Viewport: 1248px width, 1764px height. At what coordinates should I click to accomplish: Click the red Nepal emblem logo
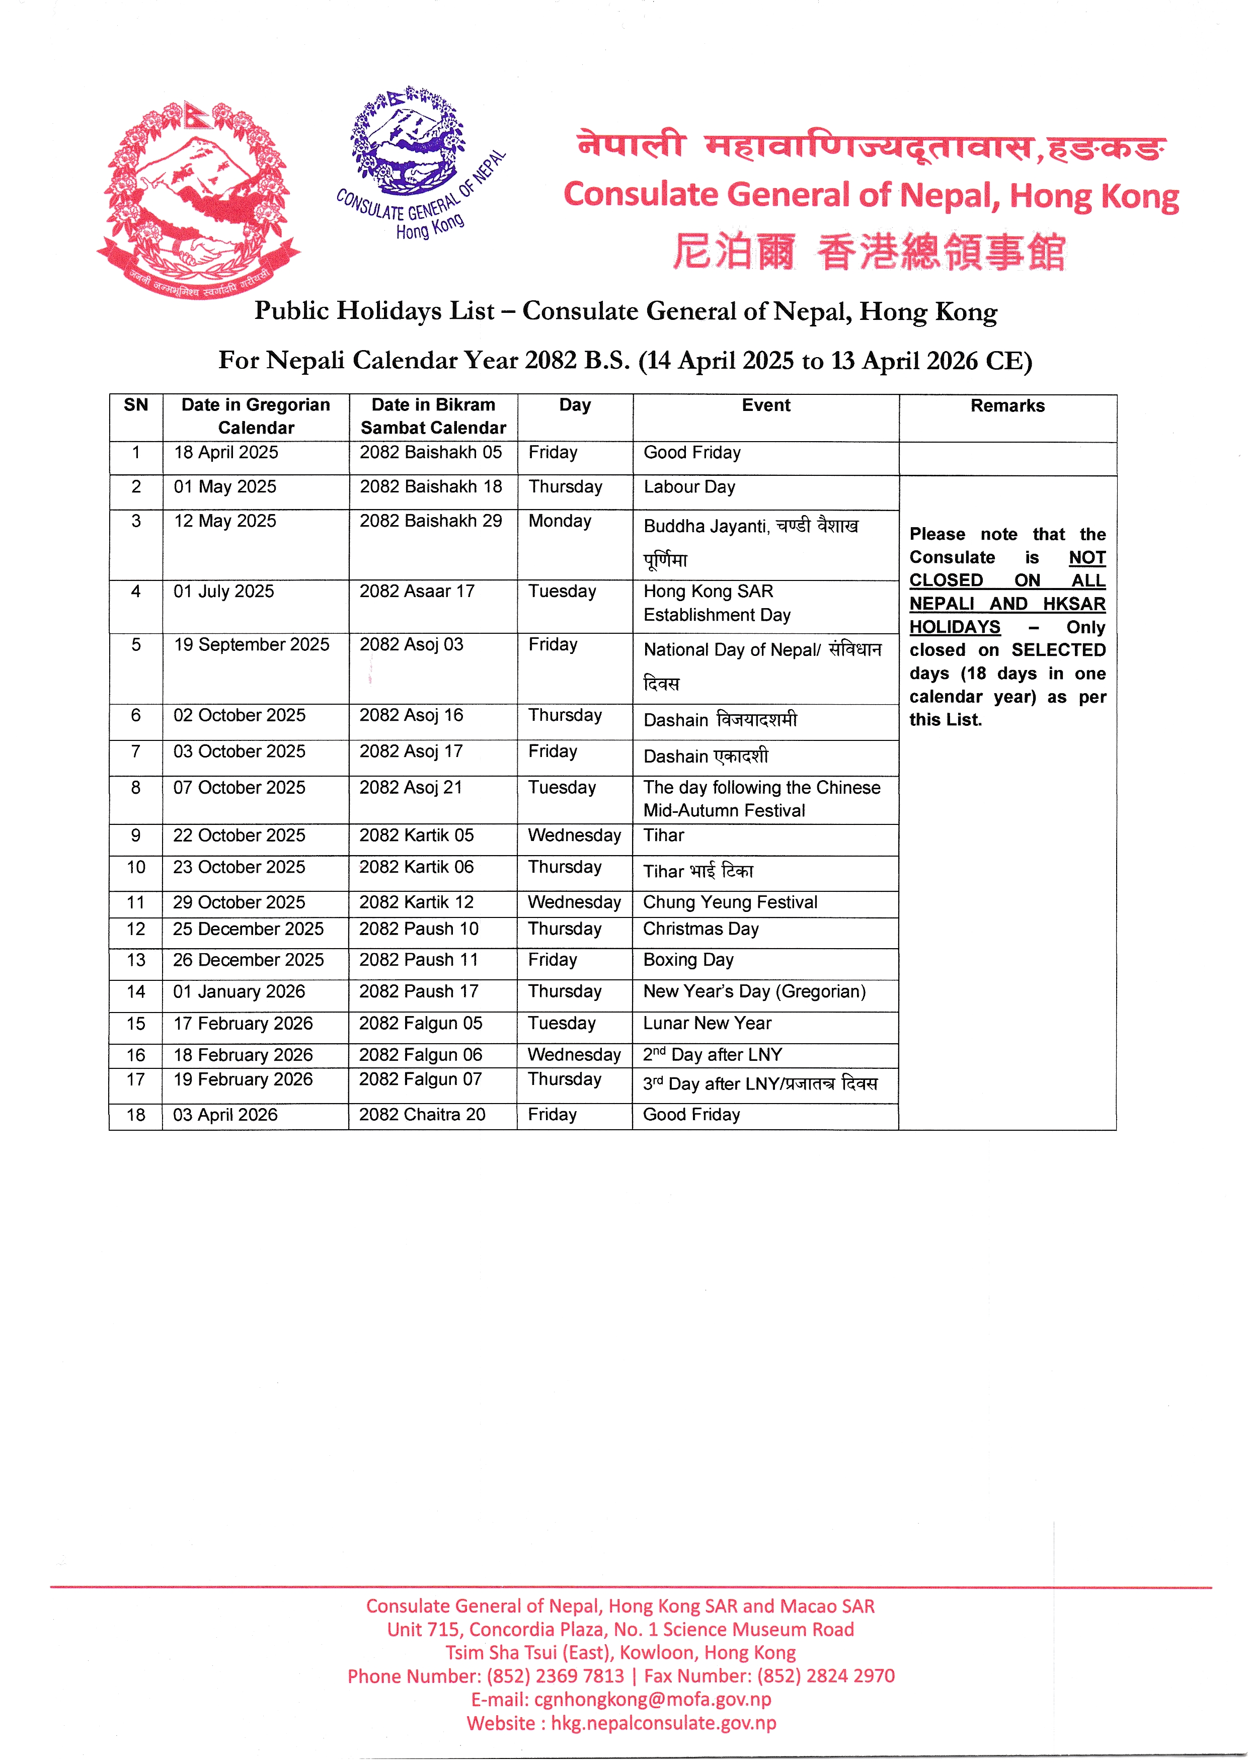[x=198, y=200]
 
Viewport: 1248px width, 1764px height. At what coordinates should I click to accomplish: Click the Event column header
[x=765, y=405]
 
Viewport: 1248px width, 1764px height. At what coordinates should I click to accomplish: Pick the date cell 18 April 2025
[x=226, y=453]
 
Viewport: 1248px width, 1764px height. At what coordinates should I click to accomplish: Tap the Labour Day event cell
[x=689, y=487]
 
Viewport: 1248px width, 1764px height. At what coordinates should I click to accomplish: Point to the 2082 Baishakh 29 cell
[x=430, y=521]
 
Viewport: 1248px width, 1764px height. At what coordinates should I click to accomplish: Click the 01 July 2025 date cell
[x=223, y=592]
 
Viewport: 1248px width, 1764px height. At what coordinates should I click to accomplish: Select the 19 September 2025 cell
[x=251, y=645]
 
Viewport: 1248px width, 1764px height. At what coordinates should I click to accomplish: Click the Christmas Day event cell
[x=701, y=929]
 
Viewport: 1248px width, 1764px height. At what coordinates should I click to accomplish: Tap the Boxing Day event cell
[x=688, y=960]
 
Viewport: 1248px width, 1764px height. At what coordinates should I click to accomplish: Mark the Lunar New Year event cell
[x=707, y=1024]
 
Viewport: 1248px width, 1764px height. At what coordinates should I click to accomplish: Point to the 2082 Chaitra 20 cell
[x=422, y=1115]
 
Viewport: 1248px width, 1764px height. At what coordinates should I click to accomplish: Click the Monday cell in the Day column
[x=560, y=521]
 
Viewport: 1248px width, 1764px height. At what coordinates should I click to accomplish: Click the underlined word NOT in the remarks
[x=1086, y=558]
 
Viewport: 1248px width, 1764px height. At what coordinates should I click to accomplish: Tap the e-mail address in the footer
[x=653, y=1700]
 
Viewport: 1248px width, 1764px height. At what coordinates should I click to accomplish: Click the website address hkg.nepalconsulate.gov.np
[x=663, y=1723]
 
